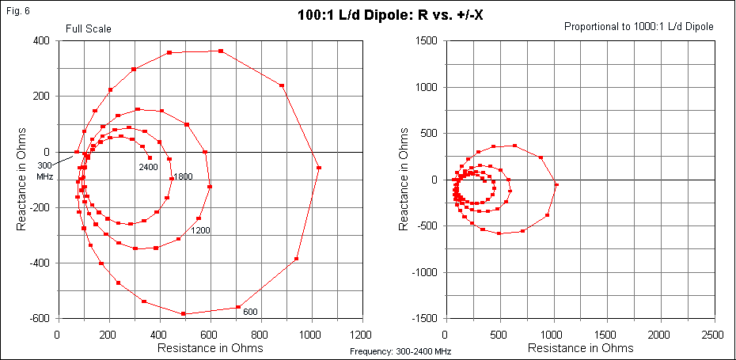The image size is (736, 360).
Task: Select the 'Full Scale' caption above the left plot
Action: click(x=88, y=28)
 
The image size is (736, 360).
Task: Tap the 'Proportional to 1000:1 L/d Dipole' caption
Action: click(x=639, y=26)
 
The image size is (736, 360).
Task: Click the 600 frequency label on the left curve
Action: click(x=250, y=312)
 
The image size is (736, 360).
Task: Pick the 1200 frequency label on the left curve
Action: click(x=200, y=230)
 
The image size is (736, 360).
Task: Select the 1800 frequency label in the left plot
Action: click(x=183, y=176)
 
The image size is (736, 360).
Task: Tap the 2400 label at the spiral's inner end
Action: click(x=149, y=167)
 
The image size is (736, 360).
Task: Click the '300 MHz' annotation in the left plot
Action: click(x=45, y=171)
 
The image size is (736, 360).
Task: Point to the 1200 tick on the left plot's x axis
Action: click(x=362, y=335)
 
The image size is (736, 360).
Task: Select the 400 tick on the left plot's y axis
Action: click(x=41, y=40)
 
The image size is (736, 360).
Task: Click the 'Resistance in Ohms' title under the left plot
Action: click(x=210, y=347)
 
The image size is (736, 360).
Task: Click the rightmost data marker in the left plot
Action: click(x=319, y=168)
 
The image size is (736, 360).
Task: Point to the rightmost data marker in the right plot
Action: click(x=556, y=184)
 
